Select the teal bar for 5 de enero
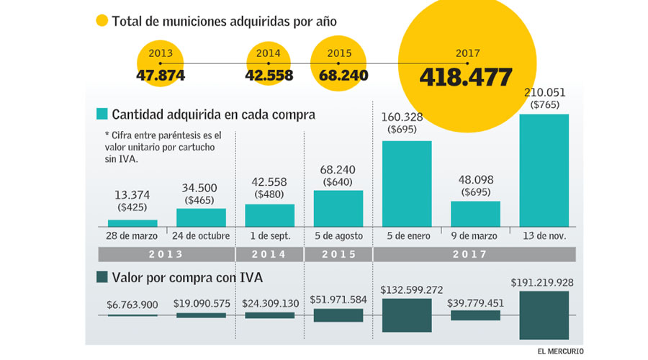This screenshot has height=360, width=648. tap(407, 183)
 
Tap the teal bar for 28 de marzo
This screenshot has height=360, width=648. tap(132, 222)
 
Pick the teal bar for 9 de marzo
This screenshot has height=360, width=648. tap(475, 213)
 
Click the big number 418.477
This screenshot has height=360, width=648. tap(467, 76)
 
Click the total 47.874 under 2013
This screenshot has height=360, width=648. tap(160, 75)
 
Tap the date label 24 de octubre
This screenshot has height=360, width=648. tap(201, 236)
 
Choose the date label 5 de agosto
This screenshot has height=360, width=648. tap(338, 236)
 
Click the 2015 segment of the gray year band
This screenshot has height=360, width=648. tap(338, 254)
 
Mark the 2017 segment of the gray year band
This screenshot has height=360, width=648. tap(475, 254)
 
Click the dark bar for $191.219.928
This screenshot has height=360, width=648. tap(544, 315)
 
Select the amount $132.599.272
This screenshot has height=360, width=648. tap(407, 289)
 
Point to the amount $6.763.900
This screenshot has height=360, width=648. tap(132, 305)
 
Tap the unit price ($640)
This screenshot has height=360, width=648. tap(338, 181)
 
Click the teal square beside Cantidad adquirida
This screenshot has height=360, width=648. tap(102, 114)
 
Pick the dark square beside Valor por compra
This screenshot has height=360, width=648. tap(102, 276)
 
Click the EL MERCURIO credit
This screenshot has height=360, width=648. tap(561, 351)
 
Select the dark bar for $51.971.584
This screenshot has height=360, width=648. tap(338, 315)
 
